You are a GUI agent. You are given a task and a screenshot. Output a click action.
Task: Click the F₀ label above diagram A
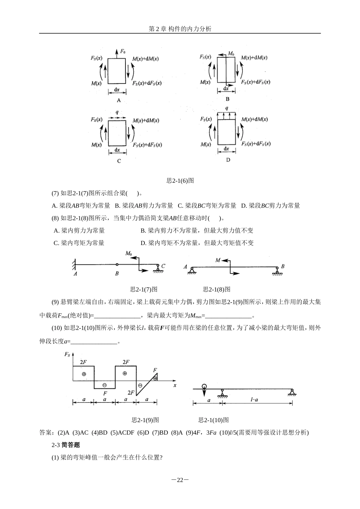click(x=123, y=51)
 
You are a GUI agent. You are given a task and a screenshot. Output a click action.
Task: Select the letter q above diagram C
click(x=117, y=112)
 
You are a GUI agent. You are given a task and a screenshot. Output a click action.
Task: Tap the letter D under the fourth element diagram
click(x=228, y=160)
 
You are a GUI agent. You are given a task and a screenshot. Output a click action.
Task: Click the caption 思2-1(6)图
click(x=180, y=181)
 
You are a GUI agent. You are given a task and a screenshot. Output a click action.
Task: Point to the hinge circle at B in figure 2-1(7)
click(x=117, y=264)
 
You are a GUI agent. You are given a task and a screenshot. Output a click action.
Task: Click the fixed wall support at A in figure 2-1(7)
click(x=73, y=264)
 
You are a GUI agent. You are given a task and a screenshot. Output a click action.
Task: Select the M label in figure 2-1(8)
click(x=218, y=260)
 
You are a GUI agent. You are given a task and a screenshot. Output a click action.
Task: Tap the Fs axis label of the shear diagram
click(x=67, y=354)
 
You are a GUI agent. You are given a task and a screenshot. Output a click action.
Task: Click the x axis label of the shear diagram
click(x=175, y=385)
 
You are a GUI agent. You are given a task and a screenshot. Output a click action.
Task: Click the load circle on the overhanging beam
click(x=204, y=387)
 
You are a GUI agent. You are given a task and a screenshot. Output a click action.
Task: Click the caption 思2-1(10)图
click(x=213, y=420)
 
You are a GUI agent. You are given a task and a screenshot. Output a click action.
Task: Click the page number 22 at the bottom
click(x=180, y=480)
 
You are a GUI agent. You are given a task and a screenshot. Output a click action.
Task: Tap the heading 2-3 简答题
click(x=66, y=445)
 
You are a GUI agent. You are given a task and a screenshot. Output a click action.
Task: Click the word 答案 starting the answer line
click(x=45, y=432)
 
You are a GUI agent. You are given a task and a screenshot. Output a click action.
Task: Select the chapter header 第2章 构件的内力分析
click(x=180, y=29)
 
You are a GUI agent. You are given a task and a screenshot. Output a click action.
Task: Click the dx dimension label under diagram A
click(x=117, y=90)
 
